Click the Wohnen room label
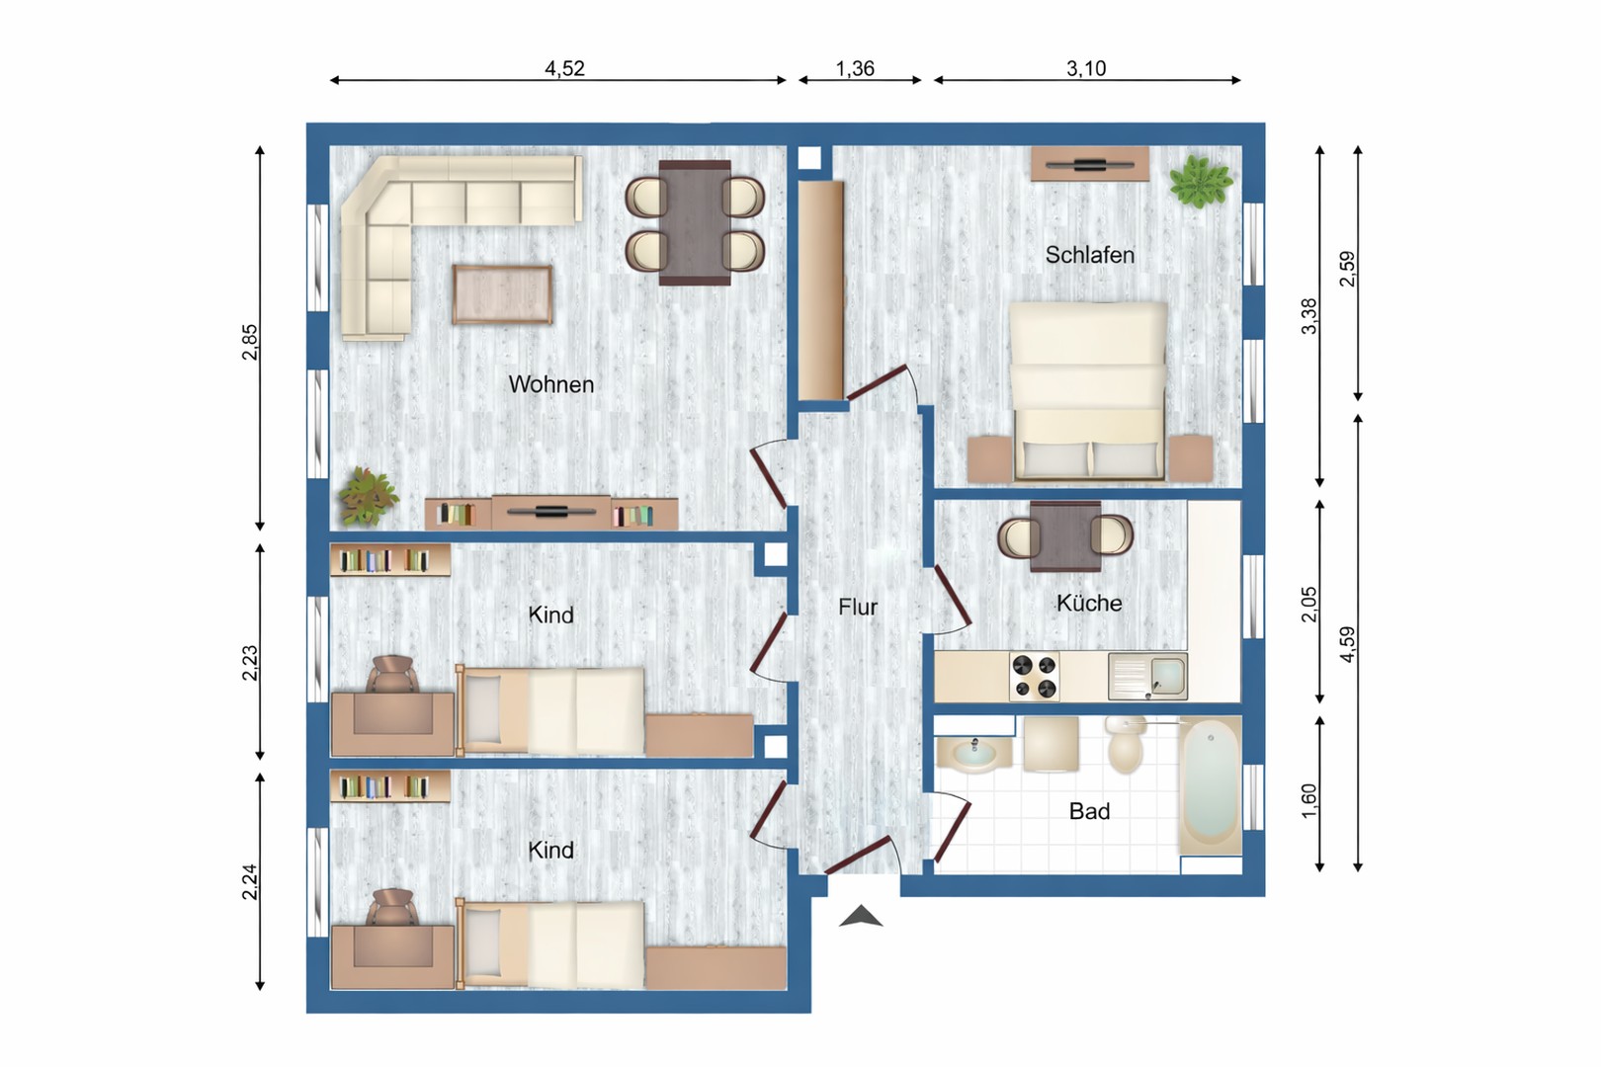[550, 384]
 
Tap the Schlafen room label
[1089, 255]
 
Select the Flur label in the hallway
[857, 607]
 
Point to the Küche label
[1088, 603]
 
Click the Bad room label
[1089, 811]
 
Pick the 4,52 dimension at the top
[564, 68]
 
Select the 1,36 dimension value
[855, 68]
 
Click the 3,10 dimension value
[1085, 68]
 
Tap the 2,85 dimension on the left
[249, 342]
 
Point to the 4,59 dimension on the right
[1347, 644]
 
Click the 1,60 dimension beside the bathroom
[1308, 800]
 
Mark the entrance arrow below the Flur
[861, 917]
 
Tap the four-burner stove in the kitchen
[1034, 676]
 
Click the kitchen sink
[1147, 676]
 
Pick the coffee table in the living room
[502, 294]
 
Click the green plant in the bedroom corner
[1200, 182]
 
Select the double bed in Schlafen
[1088, 391]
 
